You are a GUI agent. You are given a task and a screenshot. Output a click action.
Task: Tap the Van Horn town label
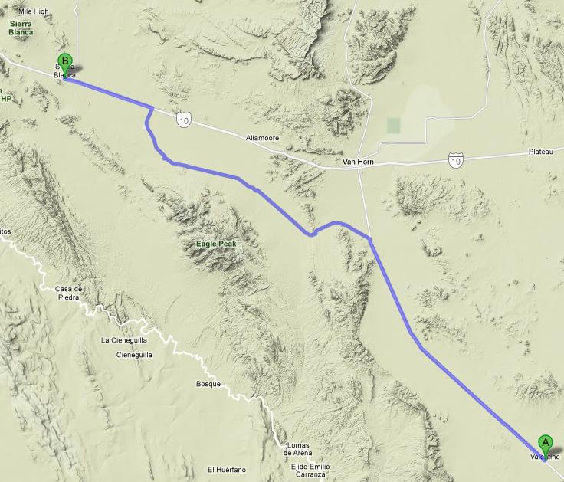pyautogui.click(x=357, y=162)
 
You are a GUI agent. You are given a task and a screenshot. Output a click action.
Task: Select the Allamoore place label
pyautogui.click(x=263, y=139)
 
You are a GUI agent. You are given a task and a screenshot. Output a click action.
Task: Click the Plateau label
pyautogui.click(x=540, y=152)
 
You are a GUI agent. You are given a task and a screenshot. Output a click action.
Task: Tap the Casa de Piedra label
pyautogui.click(x=68, y=293)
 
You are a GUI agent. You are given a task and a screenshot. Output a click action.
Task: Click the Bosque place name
pyautogui.click(x=208, y=384)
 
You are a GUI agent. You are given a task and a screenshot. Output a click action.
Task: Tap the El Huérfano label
pyautogui.click(x=226, y=469)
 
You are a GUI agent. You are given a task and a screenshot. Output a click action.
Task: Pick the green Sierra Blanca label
pyautogui.click(x=21, y=28)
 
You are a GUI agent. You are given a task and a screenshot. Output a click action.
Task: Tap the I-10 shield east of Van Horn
pyautogui.click(x=456, y=161)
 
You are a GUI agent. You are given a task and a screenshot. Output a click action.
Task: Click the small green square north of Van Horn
pyautogui.click(x=394, y=125)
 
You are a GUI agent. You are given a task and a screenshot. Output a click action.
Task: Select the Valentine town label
pyautogui.click(x=546, y=457)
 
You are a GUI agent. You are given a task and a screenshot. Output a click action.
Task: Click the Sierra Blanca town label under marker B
pyautogui.click(x=64, y=72)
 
